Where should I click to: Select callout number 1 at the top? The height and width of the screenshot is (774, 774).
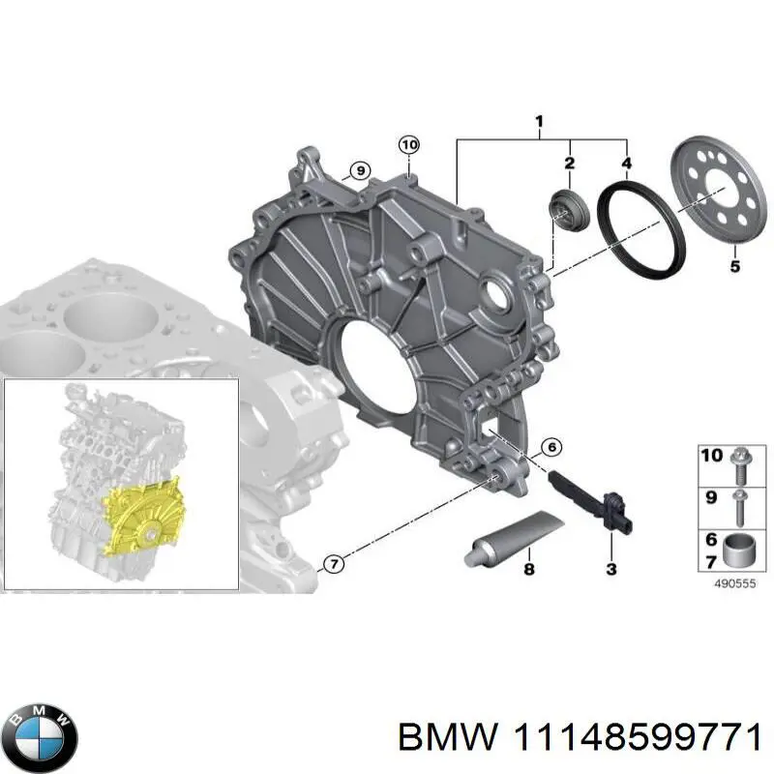pyautogui.click(x=540, y=121)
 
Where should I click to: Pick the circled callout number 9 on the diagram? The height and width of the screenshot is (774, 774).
pyautogui.click(x=358, y=171)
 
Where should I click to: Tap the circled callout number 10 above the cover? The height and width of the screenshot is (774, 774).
pyautogui.click(x=409, y=145)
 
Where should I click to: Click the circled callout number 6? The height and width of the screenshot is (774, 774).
pyautogui.click(x=550, y=447)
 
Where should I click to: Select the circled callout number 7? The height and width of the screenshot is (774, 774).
pyautogui.click(x=332, y=563)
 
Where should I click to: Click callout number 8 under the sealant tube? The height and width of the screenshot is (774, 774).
pyautogui.click(x=529, y=569)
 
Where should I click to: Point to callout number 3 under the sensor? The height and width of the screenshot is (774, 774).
pyautogui.click(x=611, y=569)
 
